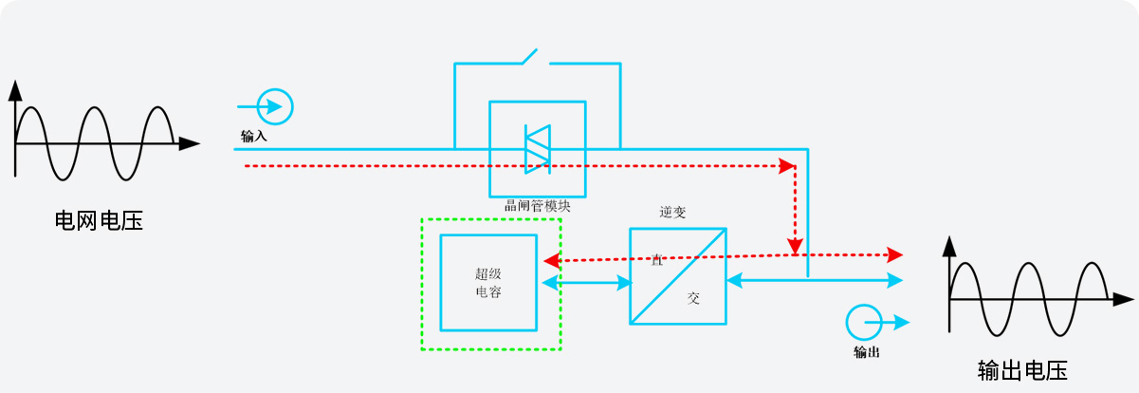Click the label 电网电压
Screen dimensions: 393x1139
(99, 222)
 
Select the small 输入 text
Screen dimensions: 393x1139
(254, 137)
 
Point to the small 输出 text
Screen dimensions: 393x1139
(866, 352)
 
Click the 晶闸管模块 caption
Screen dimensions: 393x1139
(537, 205)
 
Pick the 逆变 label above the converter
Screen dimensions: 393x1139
(672, 213)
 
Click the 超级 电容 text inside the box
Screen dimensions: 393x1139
(488, 283)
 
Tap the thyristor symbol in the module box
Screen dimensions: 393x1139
(538, 149)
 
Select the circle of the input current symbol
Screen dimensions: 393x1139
(276, 106)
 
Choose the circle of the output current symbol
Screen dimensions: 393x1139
(863, 322)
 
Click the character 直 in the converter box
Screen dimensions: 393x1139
(656, 258)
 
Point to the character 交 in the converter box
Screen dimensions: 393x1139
(693, 298)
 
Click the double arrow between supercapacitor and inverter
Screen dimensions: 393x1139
(587, 282)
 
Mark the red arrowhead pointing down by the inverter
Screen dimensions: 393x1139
(795, 246)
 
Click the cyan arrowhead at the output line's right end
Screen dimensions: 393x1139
(894, 280)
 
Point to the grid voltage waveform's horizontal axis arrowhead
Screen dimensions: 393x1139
(190, 144)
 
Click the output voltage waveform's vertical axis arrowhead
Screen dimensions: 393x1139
(949, 249)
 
